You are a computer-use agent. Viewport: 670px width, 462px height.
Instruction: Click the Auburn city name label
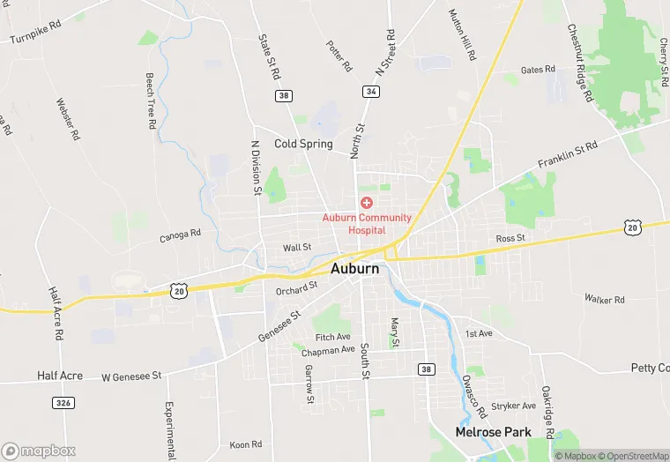click(x=355, y=269)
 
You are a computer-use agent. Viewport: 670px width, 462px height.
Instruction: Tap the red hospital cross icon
click(x=367, y=203)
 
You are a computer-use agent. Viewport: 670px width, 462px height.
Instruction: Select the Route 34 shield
click(x=370, y=92)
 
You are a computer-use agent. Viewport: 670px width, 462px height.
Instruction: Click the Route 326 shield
click(x=60, y=403)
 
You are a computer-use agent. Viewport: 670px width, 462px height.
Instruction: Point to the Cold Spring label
click(x=303, y=144)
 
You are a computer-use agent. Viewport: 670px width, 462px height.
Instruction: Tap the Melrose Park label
click(x=493, y=432)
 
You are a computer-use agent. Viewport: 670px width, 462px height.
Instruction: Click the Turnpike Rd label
click(x=36, y=33)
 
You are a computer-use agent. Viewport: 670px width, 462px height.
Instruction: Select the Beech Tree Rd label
click(x=151, y=101)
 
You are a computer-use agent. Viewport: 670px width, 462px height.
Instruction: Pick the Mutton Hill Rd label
click(x=462, y=35)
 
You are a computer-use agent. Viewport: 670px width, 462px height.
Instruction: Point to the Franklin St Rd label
click(x=568, y=154)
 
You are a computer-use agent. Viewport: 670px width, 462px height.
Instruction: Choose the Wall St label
click(x=297, y=248)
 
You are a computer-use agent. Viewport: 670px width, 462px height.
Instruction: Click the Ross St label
click(x=510, y=238)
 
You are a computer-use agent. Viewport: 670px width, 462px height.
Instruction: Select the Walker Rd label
click(x=604, y=300)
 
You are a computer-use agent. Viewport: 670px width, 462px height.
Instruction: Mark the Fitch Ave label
click(x=332, y=337)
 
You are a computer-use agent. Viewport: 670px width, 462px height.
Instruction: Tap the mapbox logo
click(x=39, y=451)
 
